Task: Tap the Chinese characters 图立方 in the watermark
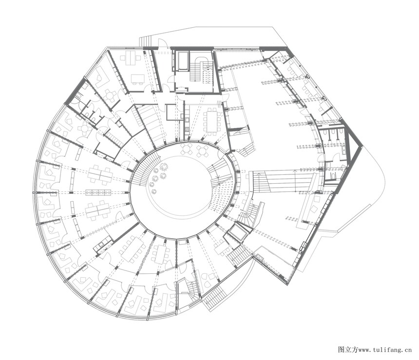pos(348,349)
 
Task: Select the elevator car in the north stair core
pos(183,61)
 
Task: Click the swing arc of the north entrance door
pos(163,43)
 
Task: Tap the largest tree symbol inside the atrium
pos(164,167)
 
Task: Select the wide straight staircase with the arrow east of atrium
pos(283,182)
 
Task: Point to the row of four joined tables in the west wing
pos(98,192)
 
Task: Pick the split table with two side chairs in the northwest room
pos(131,59)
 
